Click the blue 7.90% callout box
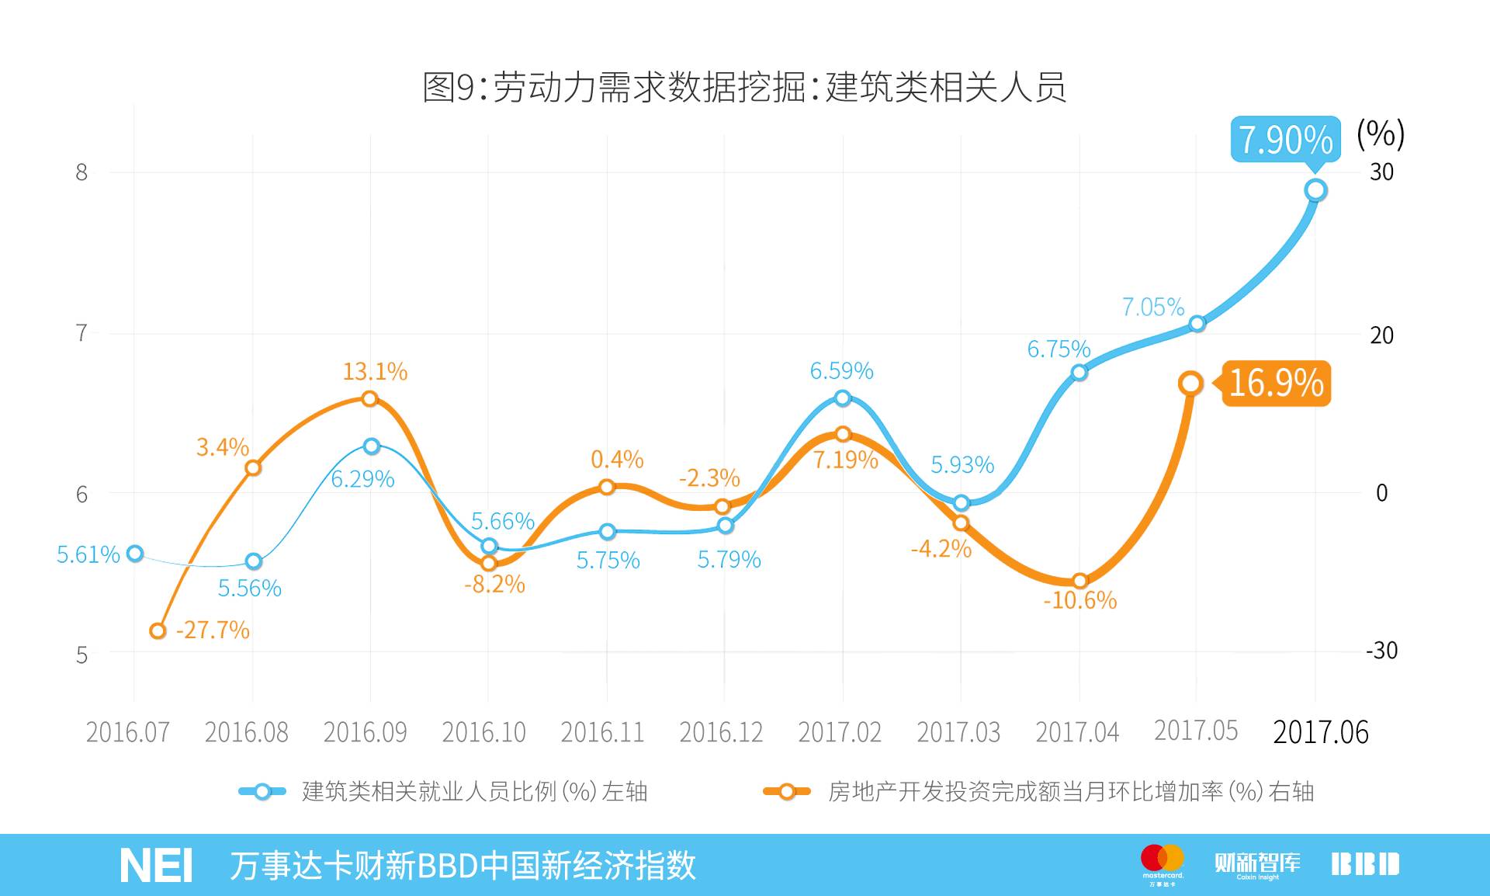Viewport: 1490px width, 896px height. point(1285,140)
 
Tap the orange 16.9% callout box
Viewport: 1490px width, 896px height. point(1277,384)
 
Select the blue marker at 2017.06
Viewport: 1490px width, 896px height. point(1315,190)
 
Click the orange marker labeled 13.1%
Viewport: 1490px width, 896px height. point(370,399)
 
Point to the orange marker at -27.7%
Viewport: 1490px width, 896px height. point(158,630)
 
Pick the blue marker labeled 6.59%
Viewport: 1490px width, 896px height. point(843,398)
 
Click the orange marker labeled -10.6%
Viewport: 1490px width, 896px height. point(1080,581)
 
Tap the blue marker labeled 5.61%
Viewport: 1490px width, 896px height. point(135,554)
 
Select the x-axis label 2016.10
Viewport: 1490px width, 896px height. point(483,732)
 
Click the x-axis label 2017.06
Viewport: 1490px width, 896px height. point(1320,732)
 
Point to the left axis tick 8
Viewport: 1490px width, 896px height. point(81,172)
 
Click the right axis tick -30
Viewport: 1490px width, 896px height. point(1381,651)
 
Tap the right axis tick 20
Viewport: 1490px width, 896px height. point(1381,335)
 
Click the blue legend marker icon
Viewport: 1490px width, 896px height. point(262,792)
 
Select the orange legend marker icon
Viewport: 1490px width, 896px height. point(787,792)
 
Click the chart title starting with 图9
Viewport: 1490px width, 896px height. point(743,87)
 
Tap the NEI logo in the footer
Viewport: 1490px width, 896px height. point(156,866)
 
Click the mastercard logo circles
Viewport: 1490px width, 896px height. point(1162,859)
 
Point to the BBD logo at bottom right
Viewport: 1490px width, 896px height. point(1365,864)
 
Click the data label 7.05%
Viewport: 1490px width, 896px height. point(1153,307)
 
